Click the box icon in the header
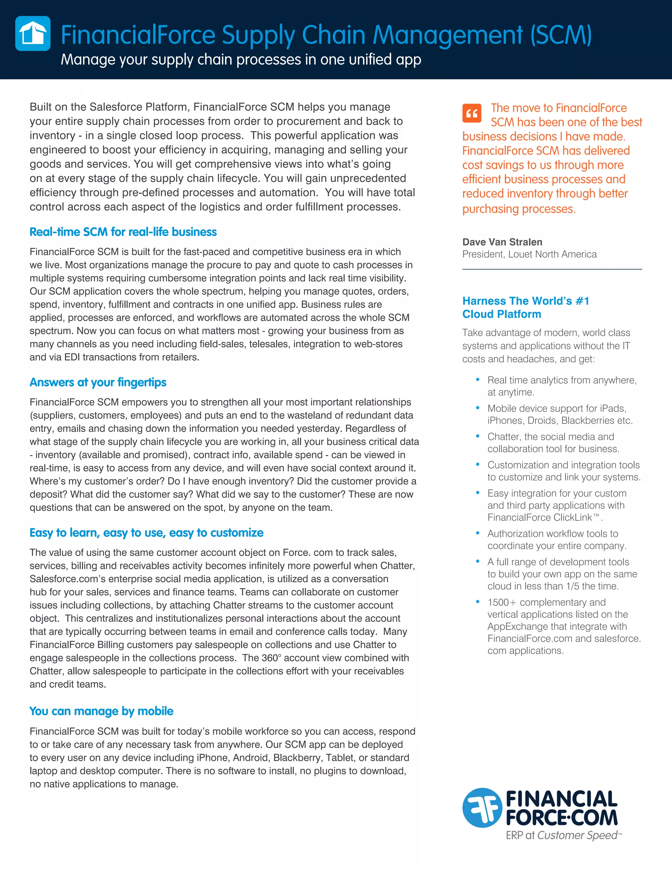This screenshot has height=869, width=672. click(32, 33)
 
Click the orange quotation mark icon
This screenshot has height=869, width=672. click(472, 113)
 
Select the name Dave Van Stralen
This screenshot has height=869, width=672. click(502, 242)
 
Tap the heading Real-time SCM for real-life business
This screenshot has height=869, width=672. click(123, 232)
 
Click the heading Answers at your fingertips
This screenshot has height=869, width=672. click(98, 382)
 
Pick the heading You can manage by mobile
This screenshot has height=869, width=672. click(101, 711)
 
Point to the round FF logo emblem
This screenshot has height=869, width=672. click(482, 808)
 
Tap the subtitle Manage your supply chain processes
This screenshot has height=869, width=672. click(241, 60)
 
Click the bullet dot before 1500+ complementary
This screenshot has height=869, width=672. click(477, 602)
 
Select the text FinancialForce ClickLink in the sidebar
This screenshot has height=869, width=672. click(540, 518)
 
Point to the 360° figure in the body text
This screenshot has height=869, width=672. click(270, 658)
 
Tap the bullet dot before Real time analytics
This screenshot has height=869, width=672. click(477, 380)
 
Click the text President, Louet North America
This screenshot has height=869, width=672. click(530, 254)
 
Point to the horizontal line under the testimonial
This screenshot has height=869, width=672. click(552, 269)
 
